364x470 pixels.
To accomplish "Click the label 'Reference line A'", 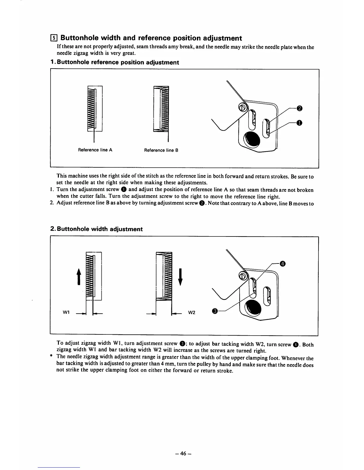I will [x=95, y=150].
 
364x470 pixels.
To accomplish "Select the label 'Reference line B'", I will [x=161, y=150].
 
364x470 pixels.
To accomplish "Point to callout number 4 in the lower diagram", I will [x=283, y=263].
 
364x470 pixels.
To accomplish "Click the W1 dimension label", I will [x=66, y=312].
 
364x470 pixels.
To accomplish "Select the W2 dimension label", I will [x=192, y=312].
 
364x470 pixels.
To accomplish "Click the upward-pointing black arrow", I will [x=79, y=276].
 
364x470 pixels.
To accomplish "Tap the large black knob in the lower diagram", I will [x=253, y=307].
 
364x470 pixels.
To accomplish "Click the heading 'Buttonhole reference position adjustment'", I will [x=114, y=62].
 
